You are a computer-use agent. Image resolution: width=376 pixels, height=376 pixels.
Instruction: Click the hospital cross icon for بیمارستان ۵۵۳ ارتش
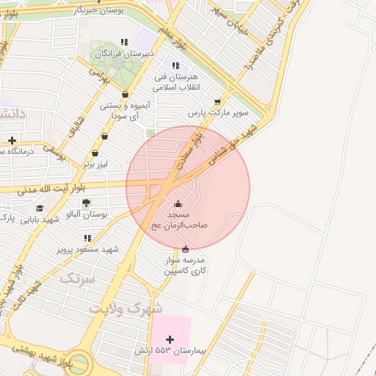171,339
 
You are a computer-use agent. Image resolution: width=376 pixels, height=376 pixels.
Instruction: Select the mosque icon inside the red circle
177,203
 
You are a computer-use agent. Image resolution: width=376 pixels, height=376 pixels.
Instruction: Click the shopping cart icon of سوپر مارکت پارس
217,103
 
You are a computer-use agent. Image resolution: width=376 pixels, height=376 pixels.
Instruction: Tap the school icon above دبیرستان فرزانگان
124,42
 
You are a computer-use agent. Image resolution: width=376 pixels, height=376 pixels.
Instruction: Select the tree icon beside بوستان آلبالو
86,203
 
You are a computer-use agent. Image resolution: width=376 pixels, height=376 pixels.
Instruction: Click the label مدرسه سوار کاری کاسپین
184,266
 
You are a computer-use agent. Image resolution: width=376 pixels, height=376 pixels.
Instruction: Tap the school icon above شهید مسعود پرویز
87,238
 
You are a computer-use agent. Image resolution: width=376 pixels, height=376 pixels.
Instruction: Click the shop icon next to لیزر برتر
95,153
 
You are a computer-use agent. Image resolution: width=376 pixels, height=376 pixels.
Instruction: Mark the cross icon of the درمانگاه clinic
12,140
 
